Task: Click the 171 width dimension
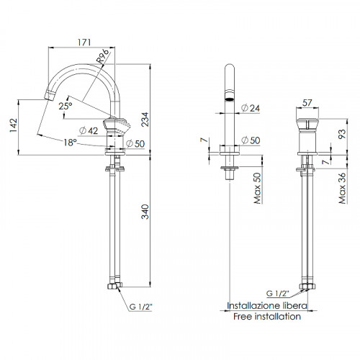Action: pyautogui.click(x=84, y=42)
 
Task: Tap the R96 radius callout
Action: pyautogui.click(x=102, y=56)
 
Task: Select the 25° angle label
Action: pyautogui.click(x=66, y=106)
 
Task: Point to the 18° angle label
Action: pyautogui.click(x=70, y=143)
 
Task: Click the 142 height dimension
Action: pyautogui.click(x=14, y=125)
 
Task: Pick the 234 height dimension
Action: pyautogui.click(x=145, y=120)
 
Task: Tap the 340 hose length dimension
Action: pyautogui.click(x=145, y=212)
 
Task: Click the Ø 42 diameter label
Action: pyautogui.click(x=89, y=131)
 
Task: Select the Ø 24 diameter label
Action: pyautogui.click(x=251, y=108)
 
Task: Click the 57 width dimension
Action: pyautogui.click(x=307, y=103)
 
